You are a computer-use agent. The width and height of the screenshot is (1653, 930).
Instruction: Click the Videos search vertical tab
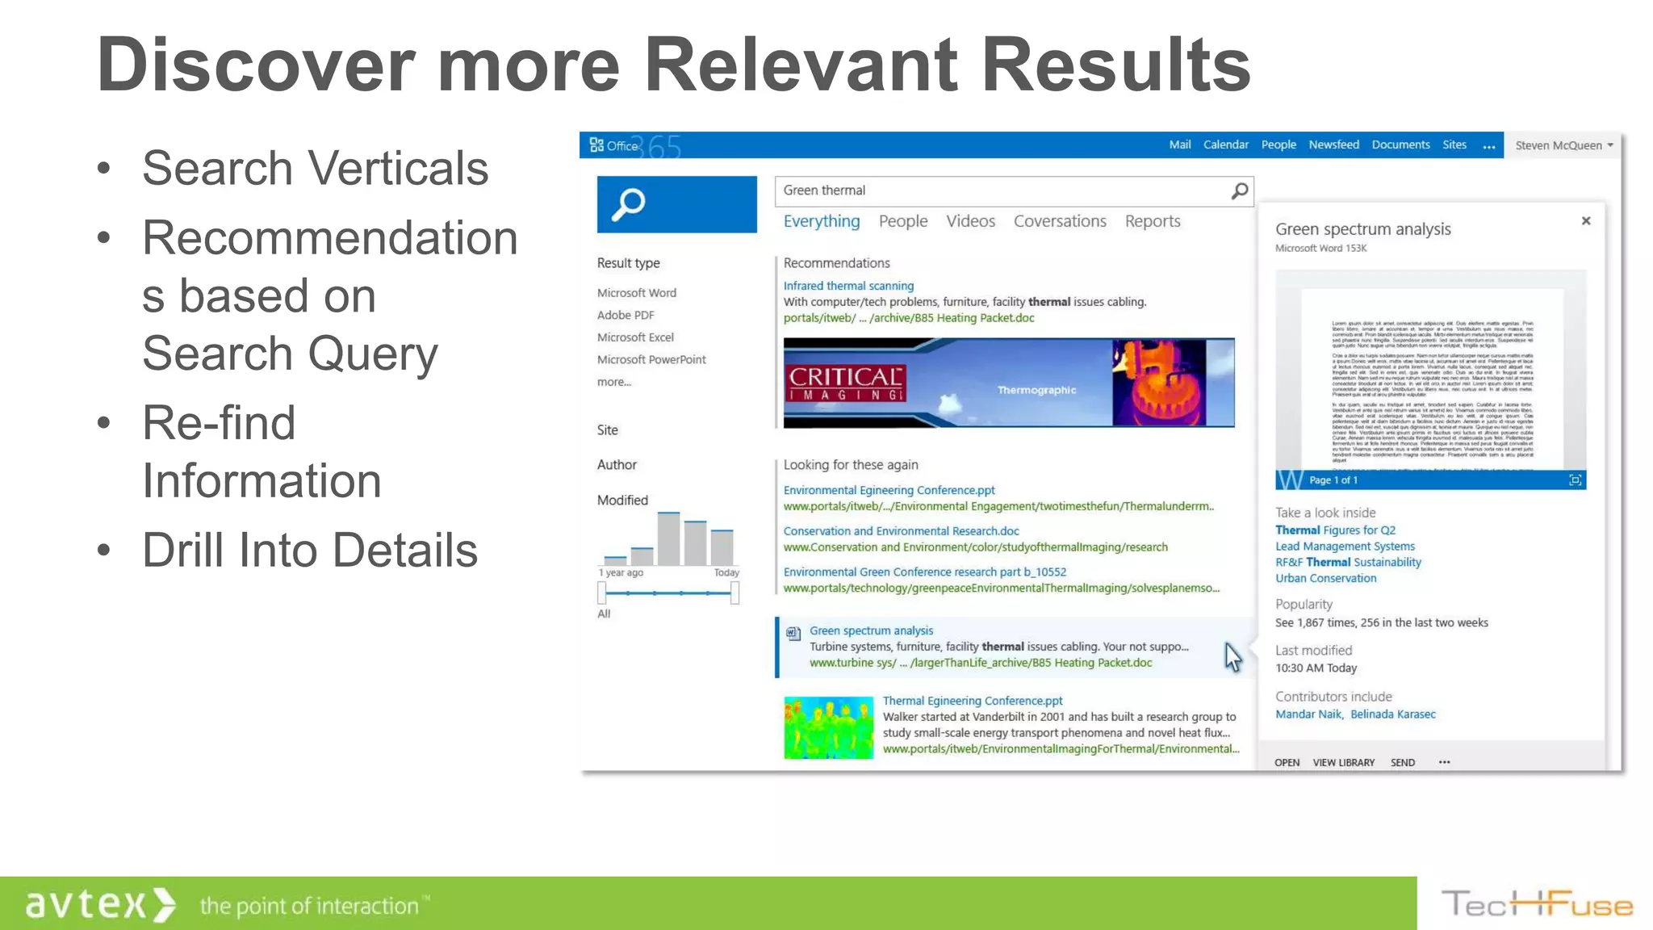click(970, 221)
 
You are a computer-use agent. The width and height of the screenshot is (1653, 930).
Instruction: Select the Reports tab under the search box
click(1152, 221)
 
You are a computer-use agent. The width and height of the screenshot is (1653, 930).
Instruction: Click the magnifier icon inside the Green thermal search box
click(1240, 191)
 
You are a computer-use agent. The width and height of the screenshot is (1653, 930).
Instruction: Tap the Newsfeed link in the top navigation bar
click(1333, 145)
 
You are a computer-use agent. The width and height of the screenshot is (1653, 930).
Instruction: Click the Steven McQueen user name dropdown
click(1563, 145)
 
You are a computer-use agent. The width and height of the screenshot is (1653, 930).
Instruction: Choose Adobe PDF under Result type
click(626, 315)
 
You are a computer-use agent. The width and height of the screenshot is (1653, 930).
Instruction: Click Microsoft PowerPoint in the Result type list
click(651, 359)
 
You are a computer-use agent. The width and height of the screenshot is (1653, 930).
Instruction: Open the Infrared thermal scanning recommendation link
click(848, 286)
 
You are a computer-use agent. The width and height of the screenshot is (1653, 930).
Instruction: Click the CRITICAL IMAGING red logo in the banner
click(845, 383)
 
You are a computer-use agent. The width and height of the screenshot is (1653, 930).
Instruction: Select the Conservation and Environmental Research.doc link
click(901, 531)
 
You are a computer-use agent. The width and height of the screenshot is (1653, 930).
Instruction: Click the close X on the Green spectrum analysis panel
click(1585, 220)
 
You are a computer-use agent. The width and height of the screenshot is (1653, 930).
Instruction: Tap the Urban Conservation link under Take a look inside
click(1325, 578)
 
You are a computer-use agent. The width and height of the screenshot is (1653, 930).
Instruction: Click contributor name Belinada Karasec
click(1392, 714)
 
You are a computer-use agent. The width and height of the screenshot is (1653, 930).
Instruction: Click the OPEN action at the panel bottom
click(1287, 762)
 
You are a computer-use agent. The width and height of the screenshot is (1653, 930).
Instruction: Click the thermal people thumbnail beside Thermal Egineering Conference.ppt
click(828, 727)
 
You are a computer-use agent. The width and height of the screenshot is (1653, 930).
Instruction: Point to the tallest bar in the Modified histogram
click(668, 539)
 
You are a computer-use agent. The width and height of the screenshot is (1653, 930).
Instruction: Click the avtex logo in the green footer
click(99, 904)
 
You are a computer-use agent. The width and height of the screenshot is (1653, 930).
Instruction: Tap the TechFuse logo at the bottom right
click(1537, 904)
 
